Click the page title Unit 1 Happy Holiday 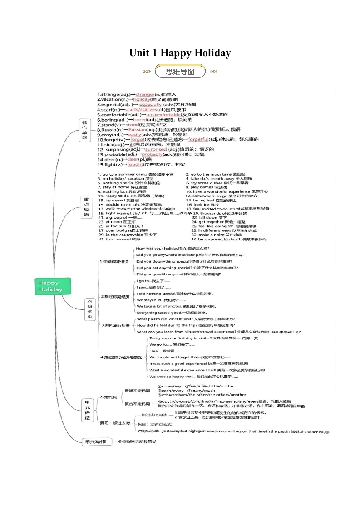180,53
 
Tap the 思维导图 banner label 180,72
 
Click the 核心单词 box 84,130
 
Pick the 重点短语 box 85,207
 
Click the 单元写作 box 94,441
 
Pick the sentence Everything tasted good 156,313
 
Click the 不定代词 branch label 108,397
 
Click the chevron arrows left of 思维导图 147,72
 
